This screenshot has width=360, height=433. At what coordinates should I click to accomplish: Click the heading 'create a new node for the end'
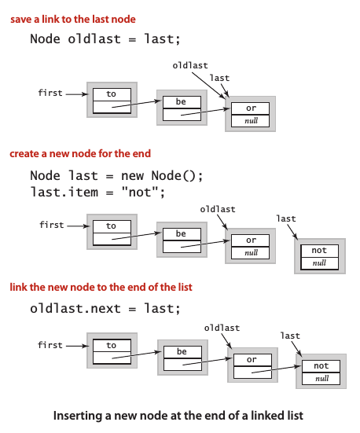[x=80, y=154]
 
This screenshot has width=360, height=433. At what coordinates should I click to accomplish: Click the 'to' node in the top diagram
[x=112, y=101]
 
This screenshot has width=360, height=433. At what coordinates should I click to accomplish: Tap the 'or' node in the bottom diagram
[x=252, y=368]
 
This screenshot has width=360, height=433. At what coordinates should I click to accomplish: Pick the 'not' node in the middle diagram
[x=319, y=257]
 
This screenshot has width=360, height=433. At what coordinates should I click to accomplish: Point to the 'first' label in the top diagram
[x=50, y=93]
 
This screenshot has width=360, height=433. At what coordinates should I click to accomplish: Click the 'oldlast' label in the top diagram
[x=190, y=66]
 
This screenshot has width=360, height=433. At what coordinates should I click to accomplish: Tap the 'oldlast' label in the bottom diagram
[x=222, y=327]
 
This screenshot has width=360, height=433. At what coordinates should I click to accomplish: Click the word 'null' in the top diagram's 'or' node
[x=251, y=121]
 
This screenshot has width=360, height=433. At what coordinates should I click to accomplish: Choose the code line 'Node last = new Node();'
[x=116, y=175]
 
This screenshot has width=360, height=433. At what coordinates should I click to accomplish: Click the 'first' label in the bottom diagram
[x=50, y=344]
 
